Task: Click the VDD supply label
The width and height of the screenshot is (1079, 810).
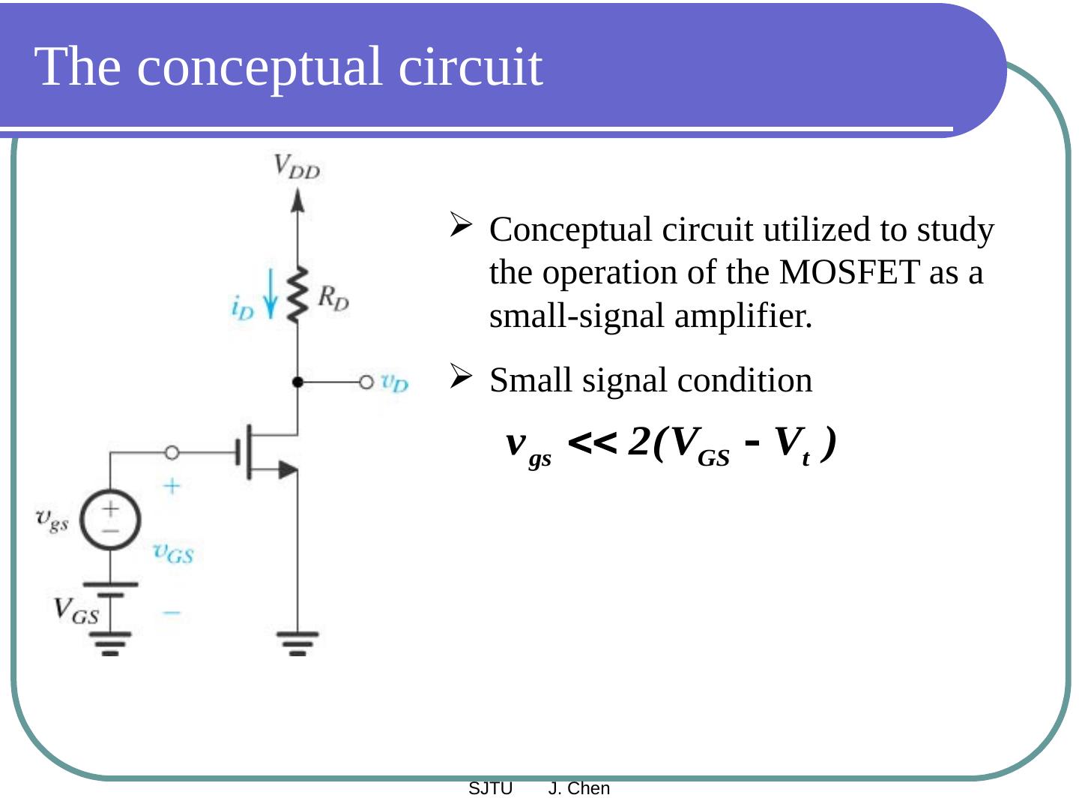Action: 297,166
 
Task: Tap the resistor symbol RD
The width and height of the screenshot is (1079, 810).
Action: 298,294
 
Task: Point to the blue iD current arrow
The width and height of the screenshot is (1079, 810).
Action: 270,294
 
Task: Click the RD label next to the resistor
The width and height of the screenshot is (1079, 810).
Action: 333,298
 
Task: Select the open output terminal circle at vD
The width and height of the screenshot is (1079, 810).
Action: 366,382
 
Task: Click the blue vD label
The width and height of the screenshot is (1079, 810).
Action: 394,382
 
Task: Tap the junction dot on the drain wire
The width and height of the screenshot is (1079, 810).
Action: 298,382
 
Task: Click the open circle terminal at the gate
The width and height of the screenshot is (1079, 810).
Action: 172,452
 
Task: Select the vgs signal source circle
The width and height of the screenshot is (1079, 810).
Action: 110,519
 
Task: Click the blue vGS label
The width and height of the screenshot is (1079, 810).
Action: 173,553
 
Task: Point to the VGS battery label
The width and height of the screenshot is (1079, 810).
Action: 75,610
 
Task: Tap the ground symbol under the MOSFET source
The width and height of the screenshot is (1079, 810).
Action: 297,643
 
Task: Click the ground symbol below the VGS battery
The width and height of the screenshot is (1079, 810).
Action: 110,643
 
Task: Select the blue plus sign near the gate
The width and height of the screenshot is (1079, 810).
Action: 172,486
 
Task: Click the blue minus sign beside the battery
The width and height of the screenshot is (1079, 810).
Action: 172,613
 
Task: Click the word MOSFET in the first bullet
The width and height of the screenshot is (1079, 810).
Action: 849,272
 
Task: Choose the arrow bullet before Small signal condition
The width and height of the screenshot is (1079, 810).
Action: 460,375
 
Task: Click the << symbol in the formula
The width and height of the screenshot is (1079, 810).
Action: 592,443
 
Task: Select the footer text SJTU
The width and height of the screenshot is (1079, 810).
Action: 490,788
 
